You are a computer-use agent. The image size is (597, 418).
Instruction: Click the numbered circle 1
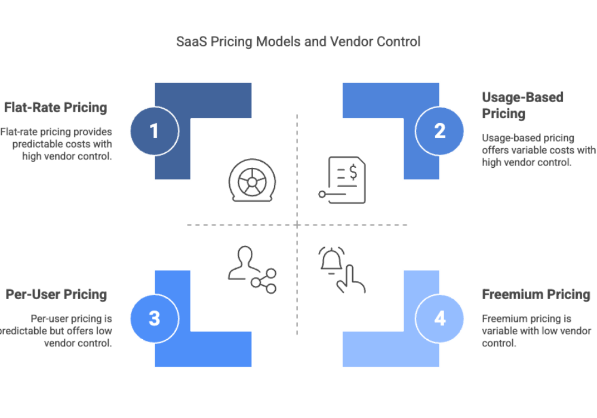coord(155,131)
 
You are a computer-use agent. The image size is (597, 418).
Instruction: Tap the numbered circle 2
coord(440,131)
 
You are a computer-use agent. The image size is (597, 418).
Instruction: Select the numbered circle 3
coord(155,318)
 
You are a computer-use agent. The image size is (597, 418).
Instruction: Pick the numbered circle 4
coord(440,318)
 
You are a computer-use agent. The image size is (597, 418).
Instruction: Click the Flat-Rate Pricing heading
coord(56,108)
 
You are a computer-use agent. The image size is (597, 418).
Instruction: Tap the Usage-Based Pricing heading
coord(522,105)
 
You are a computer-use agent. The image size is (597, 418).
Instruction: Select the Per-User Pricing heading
coord(56,294)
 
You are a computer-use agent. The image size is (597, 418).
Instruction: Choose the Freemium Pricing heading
coord(536,294)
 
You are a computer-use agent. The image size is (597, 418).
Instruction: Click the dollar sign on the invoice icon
coord(353,173)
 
